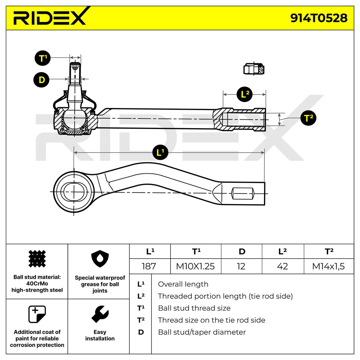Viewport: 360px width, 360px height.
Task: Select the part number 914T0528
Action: (x=319, y=18)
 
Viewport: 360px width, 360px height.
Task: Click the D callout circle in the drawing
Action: (x=41, y=79)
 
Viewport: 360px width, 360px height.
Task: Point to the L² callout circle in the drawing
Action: (x=244, y=94)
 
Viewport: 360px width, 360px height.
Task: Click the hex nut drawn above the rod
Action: (x=254, y=69)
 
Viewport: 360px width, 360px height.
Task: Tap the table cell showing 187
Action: (x=149, y=266)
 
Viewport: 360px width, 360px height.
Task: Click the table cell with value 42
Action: (x=283, y=266)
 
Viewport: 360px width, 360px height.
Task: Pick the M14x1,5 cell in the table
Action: (x=328, y=266)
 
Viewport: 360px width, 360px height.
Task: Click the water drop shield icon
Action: (x=100, y=259)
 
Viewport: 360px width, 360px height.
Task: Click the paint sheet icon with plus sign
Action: (x=37, y=314)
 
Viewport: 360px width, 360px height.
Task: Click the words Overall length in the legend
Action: (x=183, y=284)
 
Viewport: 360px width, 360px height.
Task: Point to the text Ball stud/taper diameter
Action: (x=202, y=332)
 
